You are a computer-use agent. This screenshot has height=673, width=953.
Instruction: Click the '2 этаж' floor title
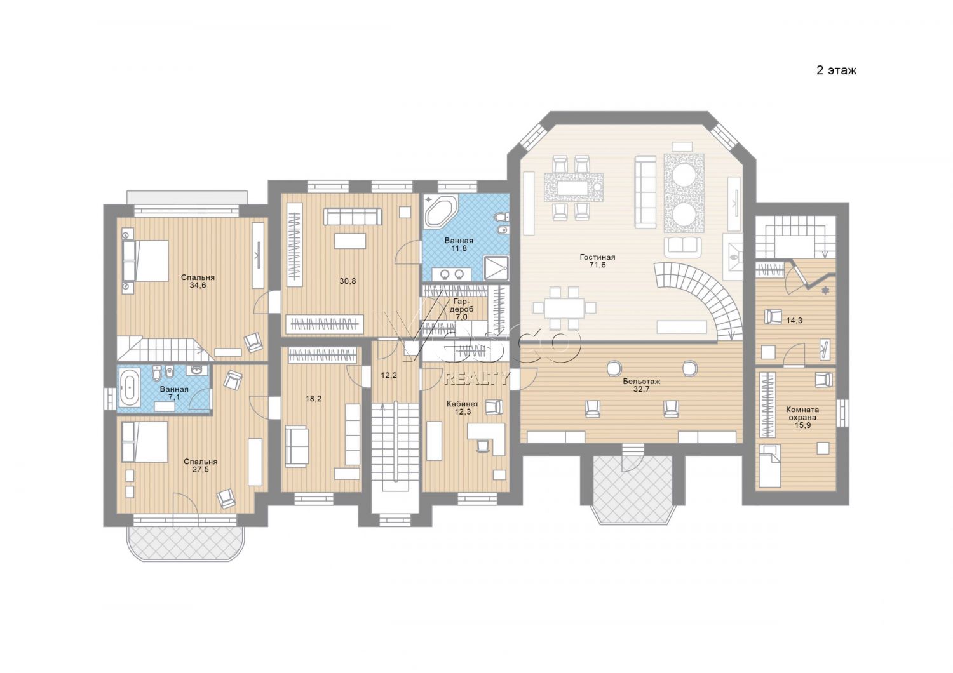point(836,70)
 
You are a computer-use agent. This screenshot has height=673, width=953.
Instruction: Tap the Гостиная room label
point(597,257)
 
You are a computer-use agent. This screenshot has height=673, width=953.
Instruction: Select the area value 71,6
point(597,265)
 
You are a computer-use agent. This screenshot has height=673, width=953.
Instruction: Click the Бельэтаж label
point(642,382)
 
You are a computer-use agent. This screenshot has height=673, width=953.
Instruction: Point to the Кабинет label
point(463,404)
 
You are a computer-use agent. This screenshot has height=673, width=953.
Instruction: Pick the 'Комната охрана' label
point(802,414)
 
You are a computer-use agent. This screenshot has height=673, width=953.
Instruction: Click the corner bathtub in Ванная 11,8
point(440,211)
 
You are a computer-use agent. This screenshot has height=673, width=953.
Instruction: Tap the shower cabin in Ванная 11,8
point(496,267)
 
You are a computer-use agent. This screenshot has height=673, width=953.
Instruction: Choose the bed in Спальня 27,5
point(145,442)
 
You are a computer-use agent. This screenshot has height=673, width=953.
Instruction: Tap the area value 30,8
point(348,281)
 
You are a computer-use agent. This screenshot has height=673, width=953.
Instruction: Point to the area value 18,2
point(314,399)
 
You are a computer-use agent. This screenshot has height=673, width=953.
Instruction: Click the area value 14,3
point(794,321)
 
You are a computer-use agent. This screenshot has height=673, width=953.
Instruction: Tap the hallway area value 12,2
point(389,375)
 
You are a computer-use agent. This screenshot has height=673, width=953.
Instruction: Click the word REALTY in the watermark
point(476,379)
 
